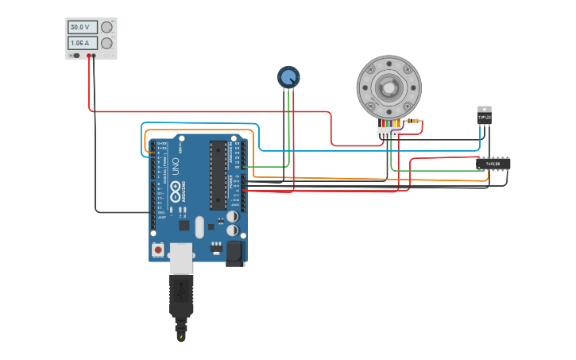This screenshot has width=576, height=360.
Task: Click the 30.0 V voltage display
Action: coord(83,27)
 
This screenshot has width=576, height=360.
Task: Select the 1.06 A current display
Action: coord(83,43)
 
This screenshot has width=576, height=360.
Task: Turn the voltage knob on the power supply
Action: coord(106,27)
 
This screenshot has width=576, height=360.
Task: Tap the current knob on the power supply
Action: coord(106,43)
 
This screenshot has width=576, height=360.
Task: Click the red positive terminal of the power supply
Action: coord(89,56)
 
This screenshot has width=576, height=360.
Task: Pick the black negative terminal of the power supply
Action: coord(95,56)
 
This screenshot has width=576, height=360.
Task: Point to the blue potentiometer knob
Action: coord(288,77)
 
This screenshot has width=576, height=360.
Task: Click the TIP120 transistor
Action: coord(484,116)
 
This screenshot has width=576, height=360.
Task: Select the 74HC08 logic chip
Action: coord(493,164)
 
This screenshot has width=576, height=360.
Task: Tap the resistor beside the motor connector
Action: coord(412,121)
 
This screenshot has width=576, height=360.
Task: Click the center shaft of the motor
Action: coord(389,87)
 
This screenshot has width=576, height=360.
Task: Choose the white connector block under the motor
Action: coord(388,132)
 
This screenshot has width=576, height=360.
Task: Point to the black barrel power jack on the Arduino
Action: coord(235,253)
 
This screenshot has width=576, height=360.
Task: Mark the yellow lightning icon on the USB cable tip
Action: coord(181,337)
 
